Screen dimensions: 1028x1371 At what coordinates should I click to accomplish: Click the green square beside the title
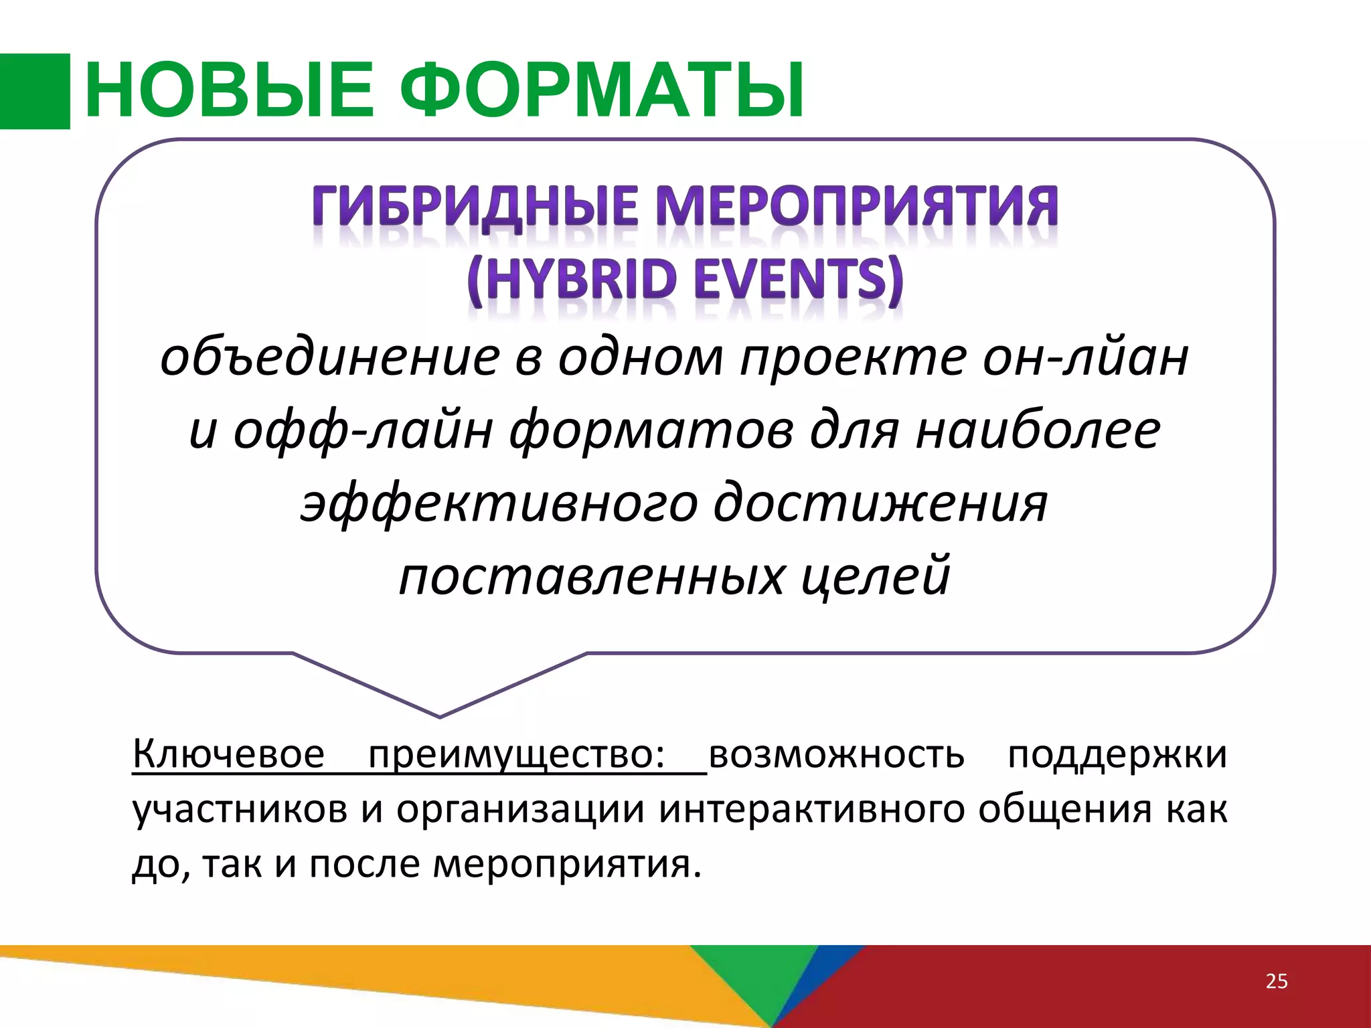click(35, 91)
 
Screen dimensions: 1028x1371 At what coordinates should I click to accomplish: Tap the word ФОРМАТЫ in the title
click(606, 91)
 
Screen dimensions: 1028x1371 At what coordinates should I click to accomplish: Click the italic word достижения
click(880, 503)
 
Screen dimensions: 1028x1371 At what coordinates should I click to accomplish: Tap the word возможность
click(837, 754)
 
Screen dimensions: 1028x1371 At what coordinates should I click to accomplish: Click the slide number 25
click(1277, 981)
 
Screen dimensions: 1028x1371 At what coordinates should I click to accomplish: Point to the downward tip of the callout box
click(440, 715)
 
